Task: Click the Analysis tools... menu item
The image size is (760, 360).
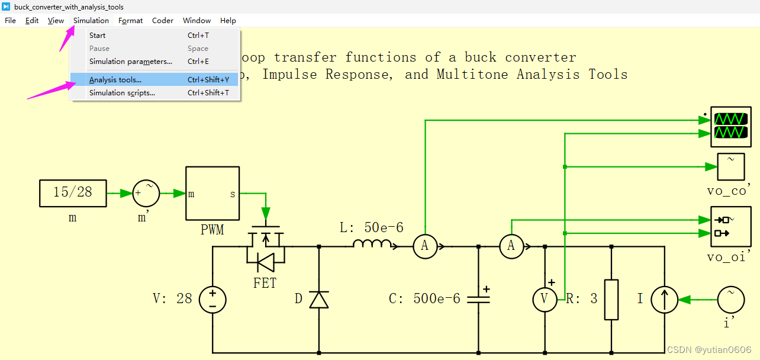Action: click(115, 80)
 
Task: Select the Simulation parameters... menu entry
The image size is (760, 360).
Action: click(130, 62)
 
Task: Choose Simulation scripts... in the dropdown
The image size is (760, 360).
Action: click(122, 93)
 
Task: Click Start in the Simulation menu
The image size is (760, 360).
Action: click(98, 36)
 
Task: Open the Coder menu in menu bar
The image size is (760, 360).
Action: click(163, 20)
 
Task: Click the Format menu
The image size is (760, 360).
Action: click(130, 20)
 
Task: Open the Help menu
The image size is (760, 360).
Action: click(228, 20)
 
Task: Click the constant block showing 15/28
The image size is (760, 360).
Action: click(73, 193)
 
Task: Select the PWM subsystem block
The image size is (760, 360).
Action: click(212, 193)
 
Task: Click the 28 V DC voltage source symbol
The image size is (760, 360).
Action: click(212, 299)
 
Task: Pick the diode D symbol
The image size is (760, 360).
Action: click(319, 299)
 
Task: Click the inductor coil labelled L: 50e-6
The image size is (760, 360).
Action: click(372, 245)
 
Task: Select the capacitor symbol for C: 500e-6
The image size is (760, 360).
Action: click(478, 299)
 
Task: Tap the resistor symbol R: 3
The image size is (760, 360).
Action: click(611, 299)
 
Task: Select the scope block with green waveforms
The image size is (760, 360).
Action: click(730, 127)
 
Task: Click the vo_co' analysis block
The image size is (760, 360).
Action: click(730, 167)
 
